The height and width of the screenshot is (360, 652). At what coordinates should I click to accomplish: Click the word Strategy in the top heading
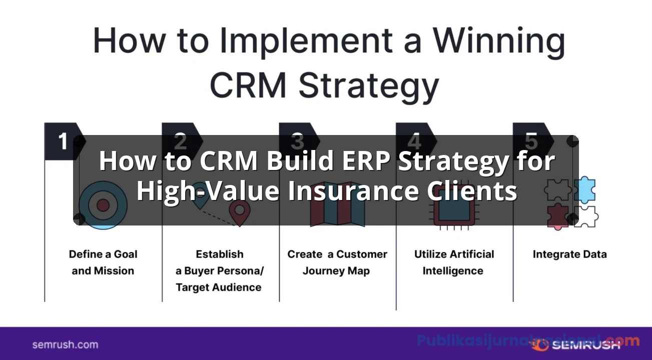point(369,86)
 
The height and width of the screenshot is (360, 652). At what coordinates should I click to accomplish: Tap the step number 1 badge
point(62,141)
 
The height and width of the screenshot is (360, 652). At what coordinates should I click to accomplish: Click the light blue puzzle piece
point(584,190)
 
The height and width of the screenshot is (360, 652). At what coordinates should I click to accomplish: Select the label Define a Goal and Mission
point(103,262)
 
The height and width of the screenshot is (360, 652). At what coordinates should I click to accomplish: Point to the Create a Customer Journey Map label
point(337,262)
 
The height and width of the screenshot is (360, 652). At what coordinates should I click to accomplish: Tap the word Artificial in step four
point(468,254)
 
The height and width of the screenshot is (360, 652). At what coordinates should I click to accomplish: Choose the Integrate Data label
point(569,254)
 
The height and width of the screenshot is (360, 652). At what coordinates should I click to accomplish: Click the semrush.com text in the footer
point(65,344)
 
